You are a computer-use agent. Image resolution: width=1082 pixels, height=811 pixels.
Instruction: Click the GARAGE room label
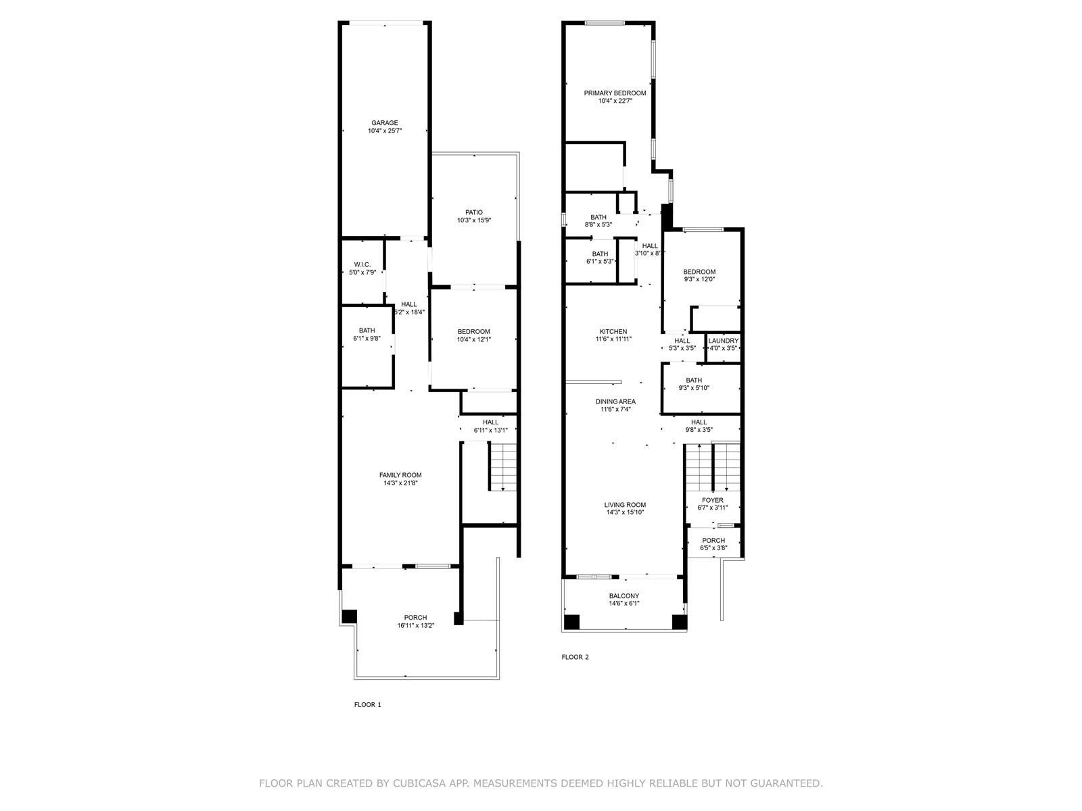[385, 123]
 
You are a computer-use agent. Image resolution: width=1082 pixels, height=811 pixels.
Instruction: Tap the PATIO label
[474, 213]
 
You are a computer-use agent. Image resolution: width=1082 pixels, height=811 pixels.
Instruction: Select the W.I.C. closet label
[362, 265]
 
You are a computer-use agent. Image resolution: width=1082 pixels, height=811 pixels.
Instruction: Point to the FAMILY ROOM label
[400, 475]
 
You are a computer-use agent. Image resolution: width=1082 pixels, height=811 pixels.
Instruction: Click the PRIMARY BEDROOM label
[615, 93]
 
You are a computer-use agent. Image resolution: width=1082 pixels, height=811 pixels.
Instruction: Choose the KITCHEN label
[613, 331]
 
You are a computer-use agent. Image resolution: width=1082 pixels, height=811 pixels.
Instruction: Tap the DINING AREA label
[615, 401]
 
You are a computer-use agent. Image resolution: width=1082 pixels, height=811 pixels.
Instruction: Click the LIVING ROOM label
[625, 505]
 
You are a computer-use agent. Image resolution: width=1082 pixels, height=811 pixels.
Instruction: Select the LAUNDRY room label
[723, 341]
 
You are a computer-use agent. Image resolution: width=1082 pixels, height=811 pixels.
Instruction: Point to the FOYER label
[713, 500]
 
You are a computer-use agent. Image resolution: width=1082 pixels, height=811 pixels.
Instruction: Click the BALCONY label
[624, 596]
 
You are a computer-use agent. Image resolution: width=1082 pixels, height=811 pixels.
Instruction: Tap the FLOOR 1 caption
[368, 705]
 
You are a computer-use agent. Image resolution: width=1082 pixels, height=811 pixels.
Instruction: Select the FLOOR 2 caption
[575, 657]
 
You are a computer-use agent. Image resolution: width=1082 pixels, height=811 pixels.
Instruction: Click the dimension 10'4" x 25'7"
[385, 131]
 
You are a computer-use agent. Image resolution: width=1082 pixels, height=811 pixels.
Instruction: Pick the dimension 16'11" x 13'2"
[415, 626]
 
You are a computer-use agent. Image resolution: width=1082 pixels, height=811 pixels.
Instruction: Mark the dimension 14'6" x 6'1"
[624, 604]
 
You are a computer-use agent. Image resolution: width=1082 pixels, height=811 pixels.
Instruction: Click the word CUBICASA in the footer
[415, 783]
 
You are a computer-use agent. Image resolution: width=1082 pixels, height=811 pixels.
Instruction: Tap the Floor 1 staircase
[503, 467]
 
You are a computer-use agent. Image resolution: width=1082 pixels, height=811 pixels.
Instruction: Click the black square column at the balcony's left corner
[571, 622]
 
